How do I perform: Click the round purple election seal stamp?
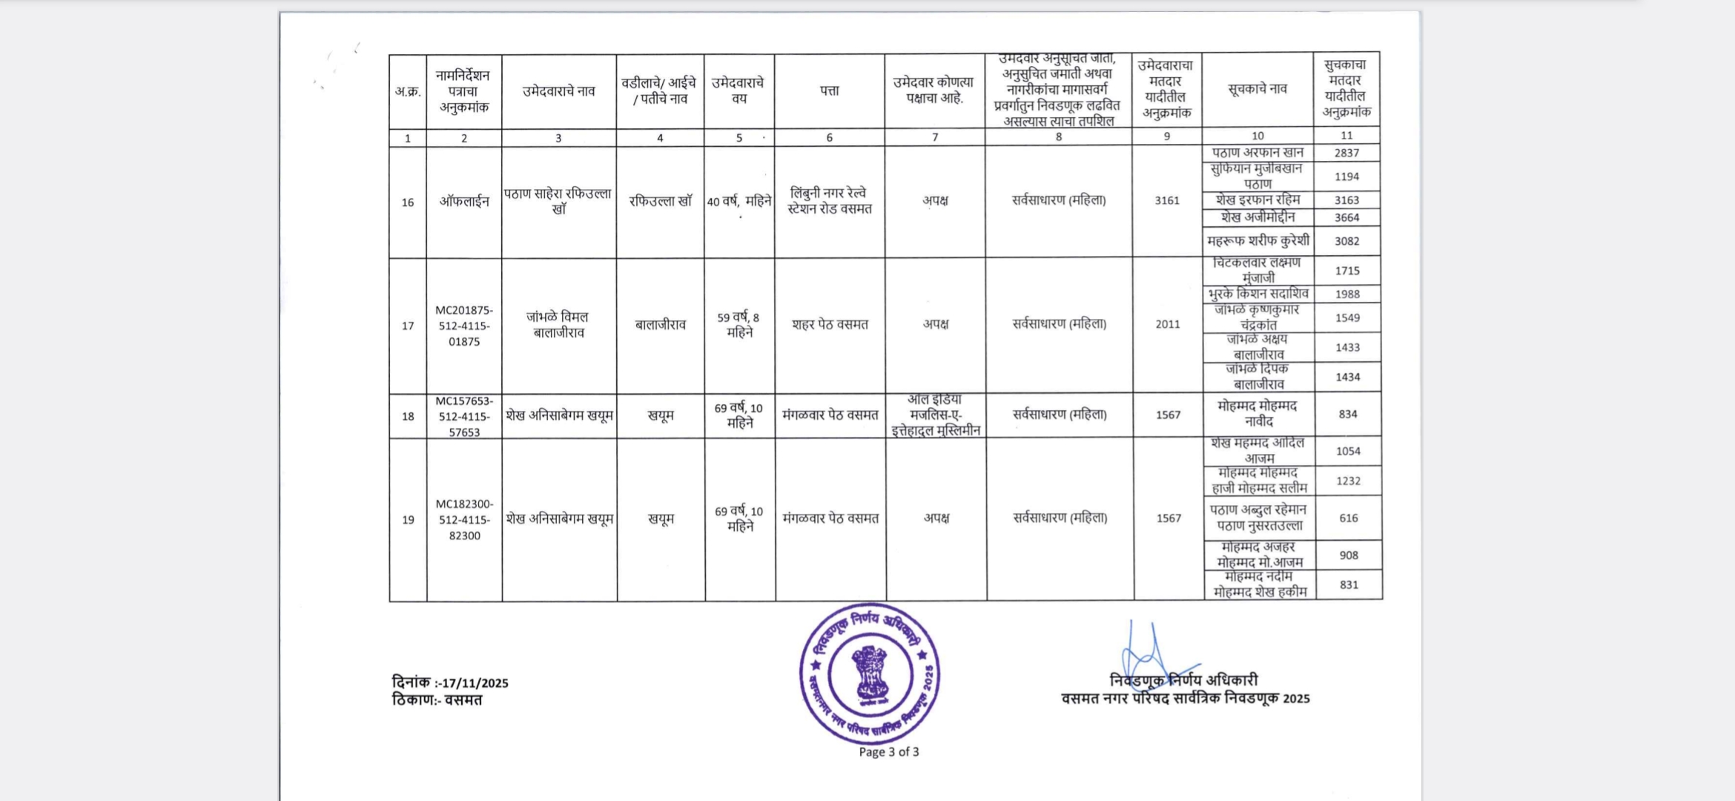[870, 674]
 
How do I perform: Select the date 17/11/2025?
[475, 683]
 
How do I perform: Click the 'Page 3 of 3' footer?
[888, 751]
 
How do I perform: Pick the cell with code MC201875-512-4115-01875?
[464, 326]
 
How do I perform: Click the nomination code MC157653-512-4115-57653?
[464, 416]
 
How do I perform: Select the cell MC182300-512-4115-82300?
[464, 519]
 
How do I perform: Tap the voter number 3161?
[1166, 200]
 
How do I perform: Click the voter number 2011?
[1167, 324]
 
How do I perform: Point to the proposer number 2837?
[1346, 153]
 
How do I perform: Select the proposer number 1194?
[1346, 177]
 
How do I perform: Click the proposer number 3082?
[1346, 241]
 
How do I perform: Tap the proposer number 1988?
[1347, 294]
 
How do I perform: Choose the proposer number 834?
[1348, 414]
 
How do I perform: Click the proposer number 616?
[1348, 518]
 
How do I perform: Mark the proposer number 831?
[1349, 584]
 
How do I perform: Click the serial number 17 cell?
[408, 326]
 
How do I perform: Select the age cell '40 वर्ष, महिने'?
[739, 202]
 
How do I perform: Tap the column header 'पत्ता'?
[829, 90]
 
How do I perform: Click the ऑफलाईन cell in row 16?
[464, 202]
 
